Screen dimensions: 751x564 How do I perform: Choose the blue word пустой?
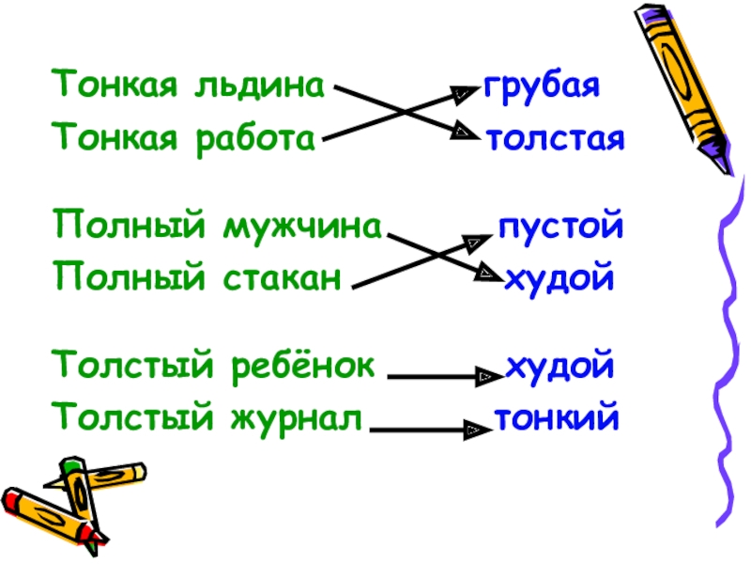(559, 228)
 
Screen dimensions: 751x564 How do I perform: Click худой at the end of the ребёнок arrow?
(559, 363)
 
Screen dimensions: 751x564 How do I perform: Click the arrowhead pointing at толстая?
(466, 133)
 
